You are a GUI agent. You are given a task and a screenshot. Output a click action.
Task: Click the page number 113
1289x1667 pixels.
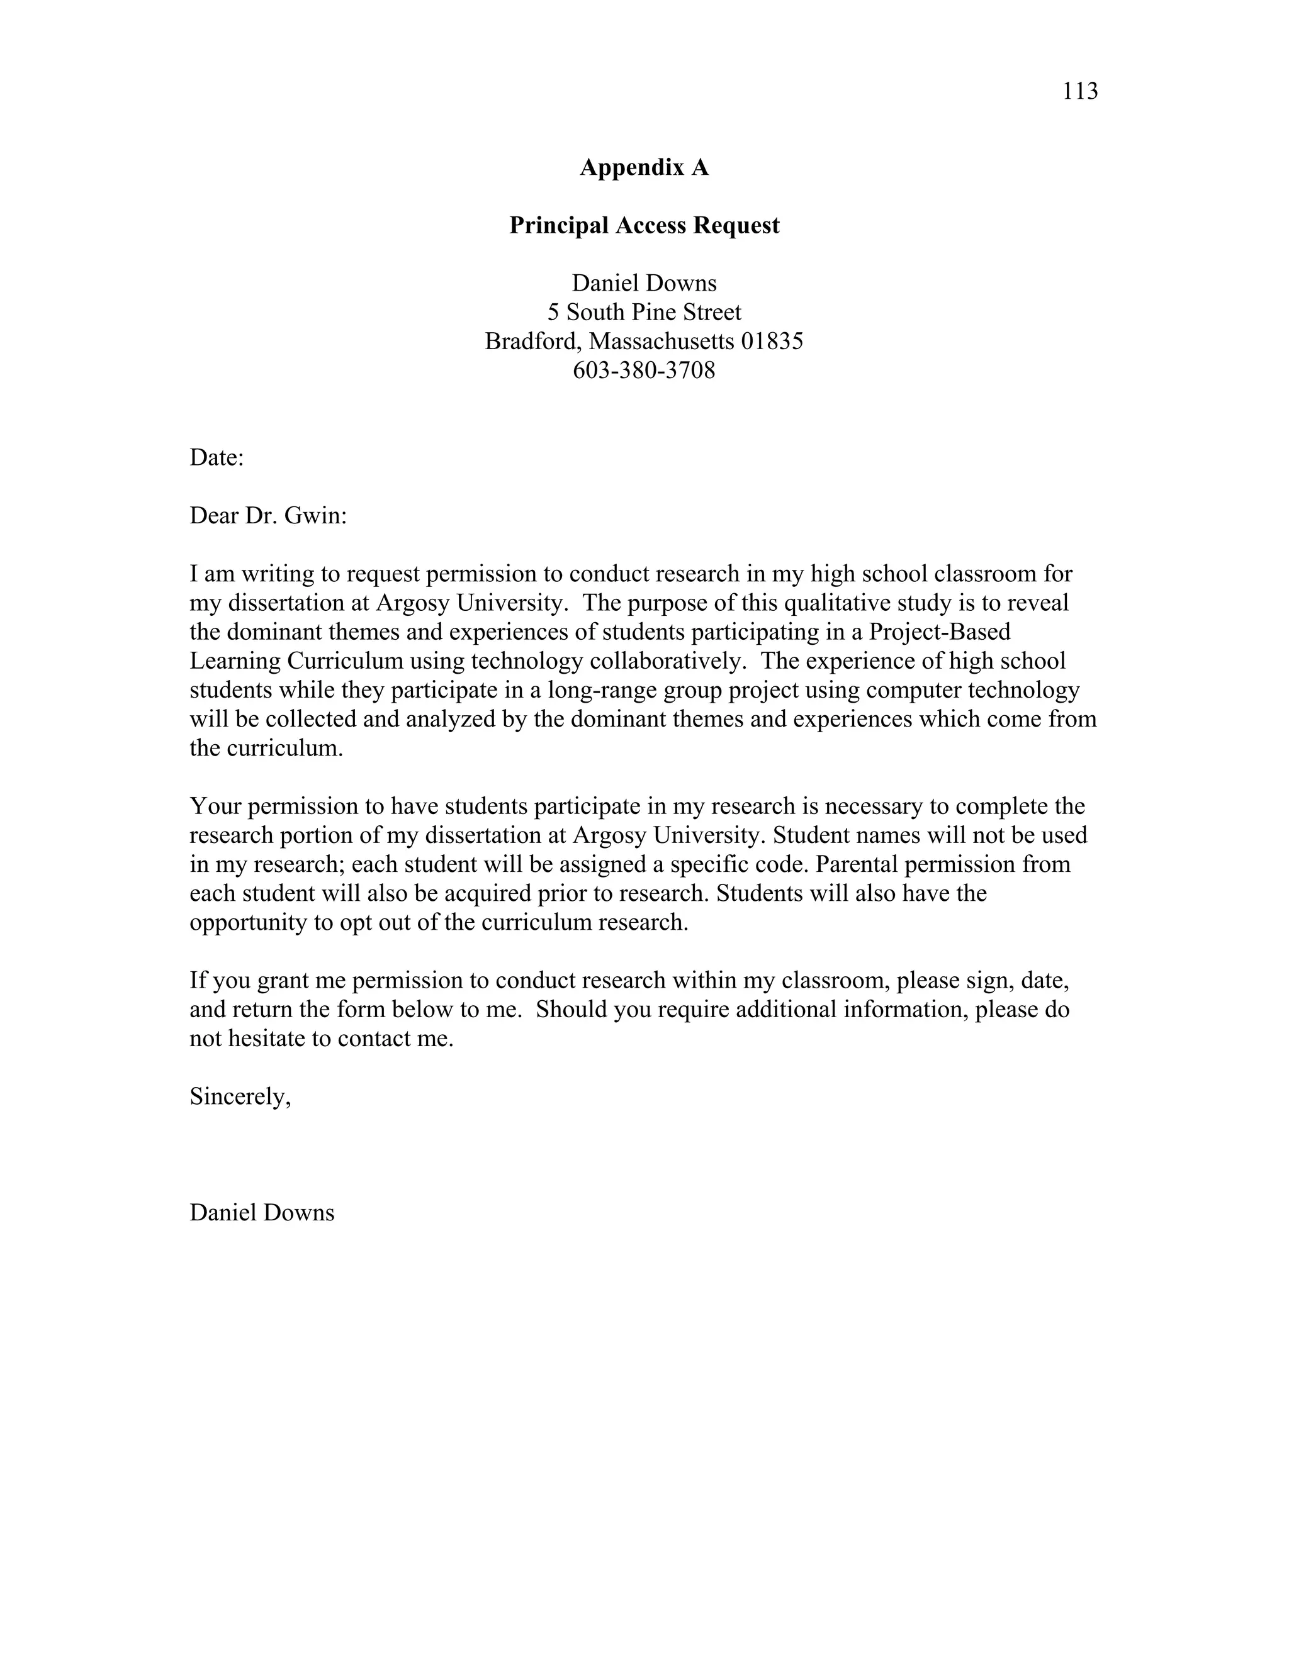[1080, 92]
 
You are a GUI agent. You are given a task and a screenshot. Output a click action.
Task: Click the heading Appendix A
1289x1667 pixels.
[644, 167]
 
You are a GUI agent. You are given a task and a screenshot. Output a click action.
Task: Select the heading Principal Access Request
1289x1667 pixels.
[644, 225]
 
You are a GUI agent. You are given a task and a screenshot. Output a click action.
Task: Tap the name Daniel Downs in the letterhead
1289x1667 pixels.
[644, 283]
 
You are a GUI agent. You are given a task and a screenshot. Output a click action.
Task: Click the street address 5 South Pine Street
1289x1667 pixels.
[644, 312]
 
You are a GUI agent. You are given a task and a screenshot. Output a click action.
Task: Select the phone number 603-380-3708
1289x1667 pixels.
[644, 370]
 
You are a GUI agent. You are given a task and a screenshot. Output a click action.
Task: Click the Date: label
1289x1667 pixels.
[216, 458]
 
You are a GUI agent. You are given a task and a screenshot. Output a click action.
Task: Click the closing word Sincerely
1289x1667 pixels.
[239, 1097]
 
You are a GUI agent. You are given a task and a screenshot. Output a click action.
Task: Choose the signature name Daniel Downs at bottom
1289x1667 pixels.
[262, 1213]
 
